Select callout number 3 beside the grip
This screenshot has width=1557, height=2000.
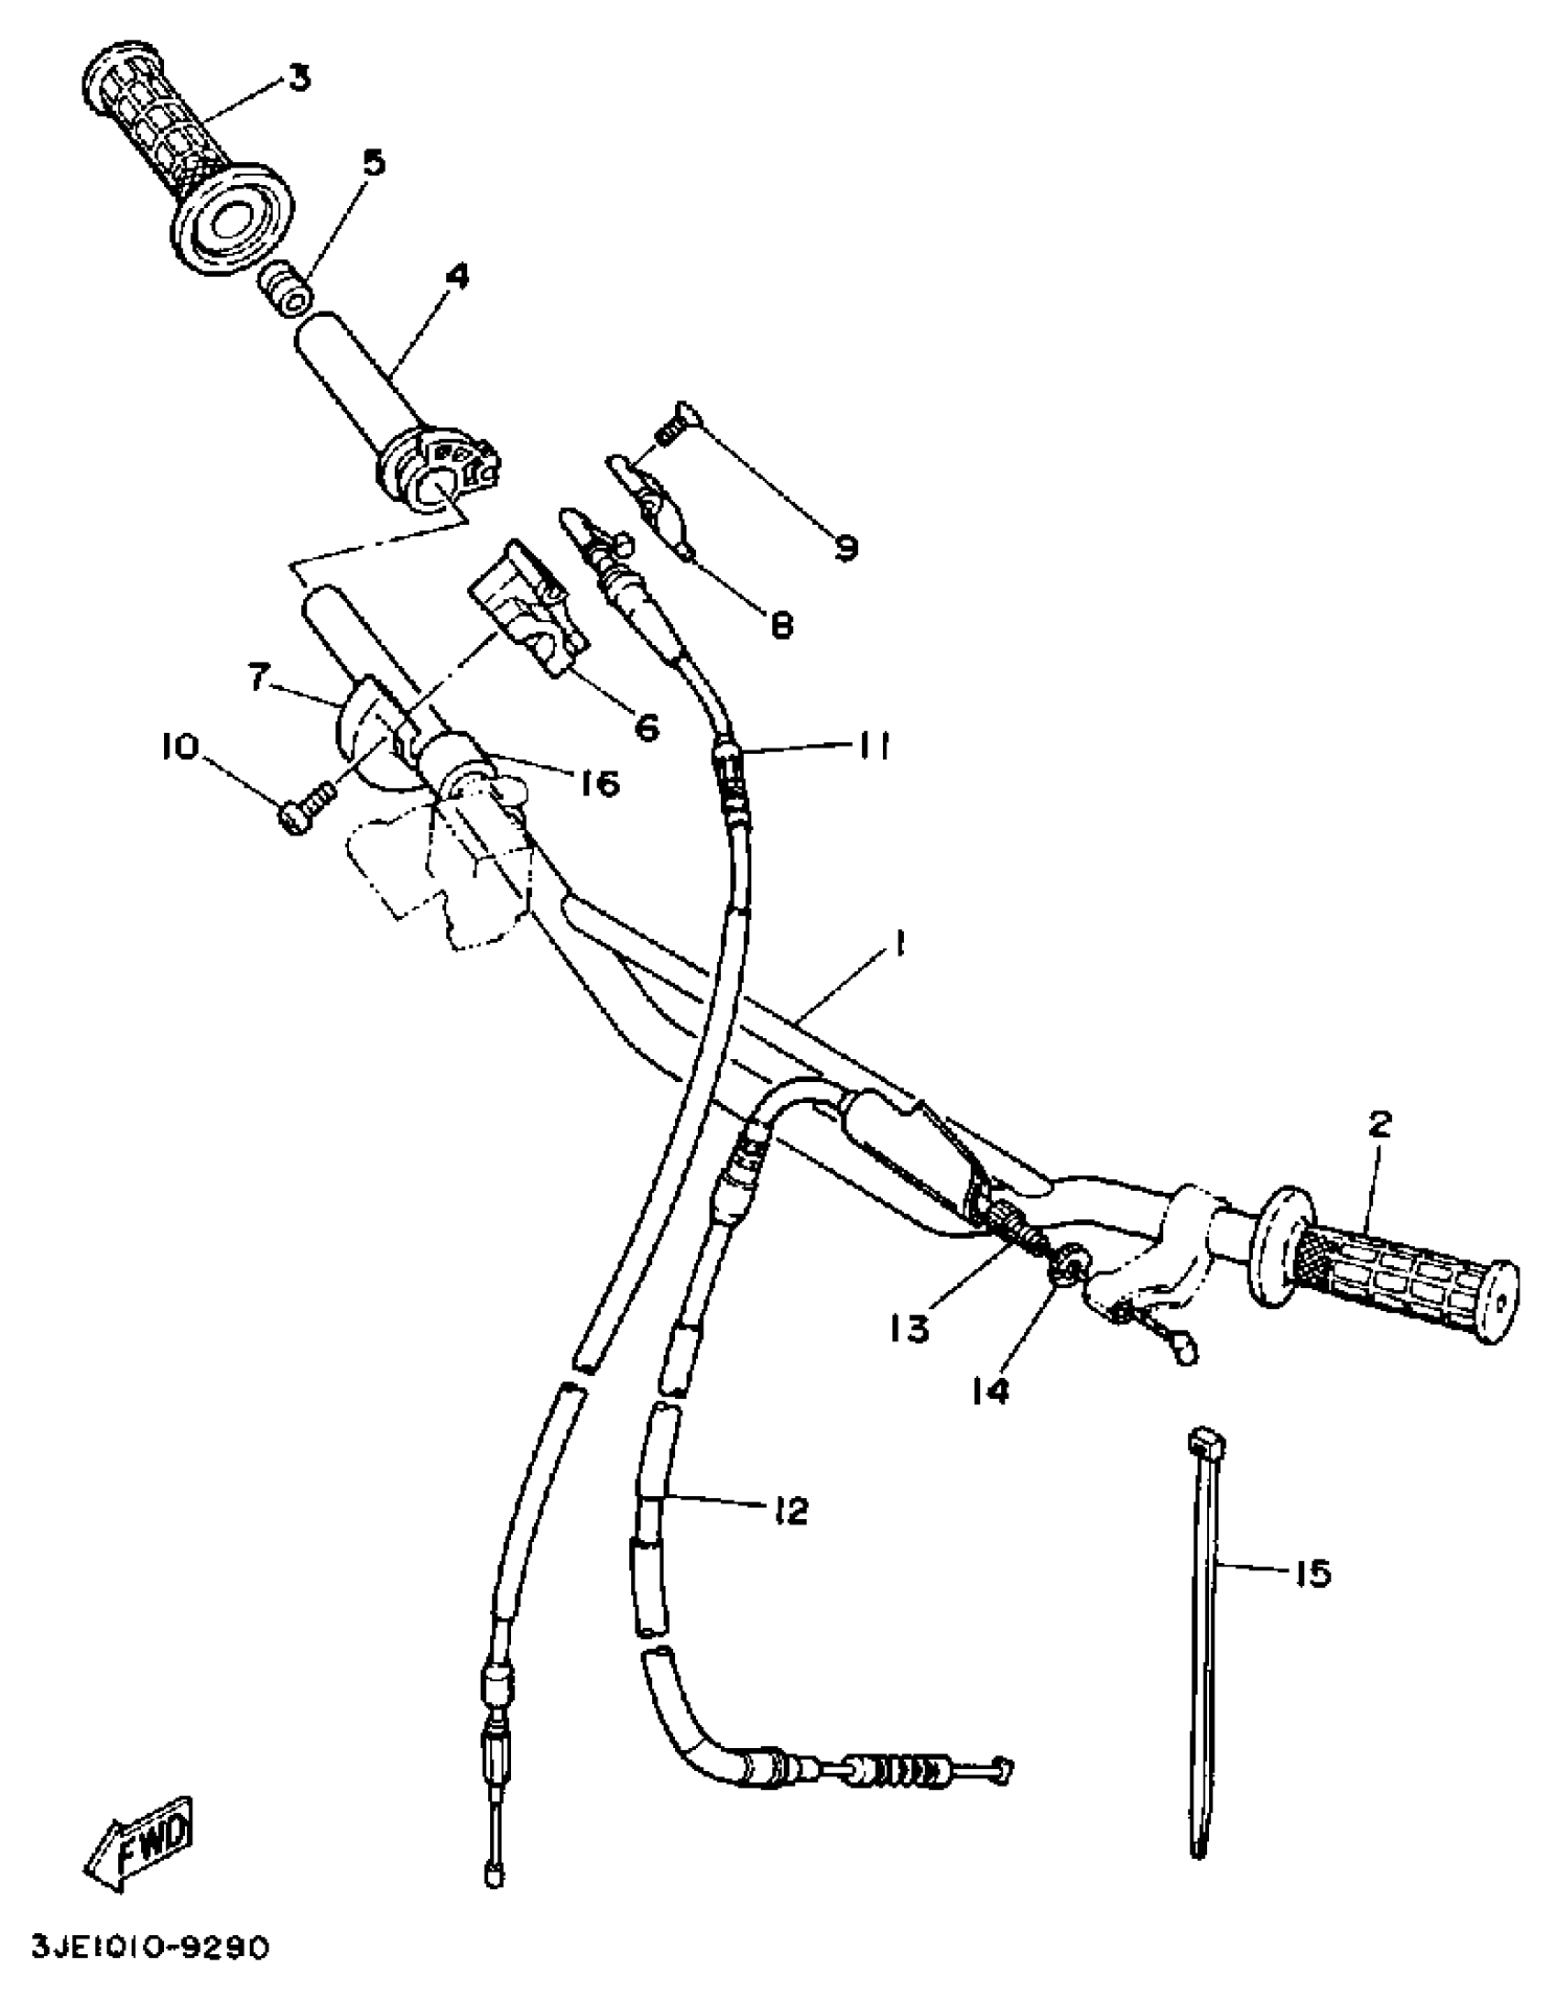(x=299, y=78)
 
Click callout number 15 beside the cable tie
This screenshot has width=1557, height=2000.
(x=1312, y=1574)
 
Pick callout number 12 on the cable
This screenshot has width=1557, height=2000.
(x=789, y=1510)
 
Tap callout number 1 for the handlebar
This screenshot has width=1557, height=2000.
(x=900, y=944)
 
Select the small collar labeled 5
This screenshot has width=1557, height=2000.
(x=282, y=290)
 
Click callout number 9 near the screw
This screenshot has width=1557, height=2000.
(x=844, y=547)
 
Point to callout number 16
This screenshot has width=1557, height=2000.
(x=599, y=783)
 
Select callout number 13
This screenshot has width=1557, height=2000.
(x=910, y=1327)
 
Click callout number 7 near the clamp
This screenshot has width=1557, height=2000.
(x=258, y=679)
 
